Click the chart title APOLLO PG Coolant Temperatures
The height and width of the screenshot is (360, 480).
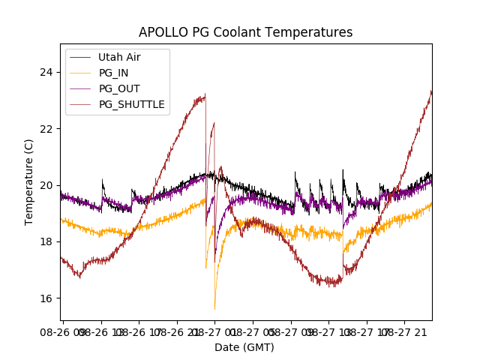pos(245,32)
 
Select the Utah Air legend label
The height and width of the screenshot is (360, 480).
pos(119,57)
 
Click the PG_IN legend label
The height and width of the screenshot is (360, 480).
pos(114,73)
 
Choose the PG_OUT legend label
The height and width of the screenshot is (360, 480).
pos(118,88)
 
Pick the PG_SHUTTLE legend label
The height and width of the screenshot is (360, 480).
pos(132,104)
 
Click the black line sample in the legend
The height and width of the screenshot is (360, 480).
pos(81,57)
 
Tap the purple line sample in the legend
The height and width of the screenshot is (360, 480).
pos(81,88)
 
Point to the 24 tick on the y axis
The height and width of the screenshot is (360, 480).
pos(47,72)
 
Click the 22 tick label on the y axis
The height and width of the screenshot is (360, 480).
pos(47,128)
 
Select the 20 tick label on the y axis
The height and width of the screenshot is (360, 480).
pos(47,185)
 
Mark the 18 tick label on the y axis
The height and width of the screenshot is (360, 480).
pos(47,241)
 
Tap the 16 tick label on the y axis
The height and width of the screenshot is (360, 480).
pos(47,298)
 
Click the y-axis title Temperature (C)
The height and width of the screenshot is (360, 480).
pos(29,182)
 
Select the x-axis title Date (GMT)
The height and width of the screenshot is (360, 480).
pos(244,347)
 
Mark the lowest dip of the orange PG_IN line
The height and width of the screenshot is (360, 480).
pos(215,309)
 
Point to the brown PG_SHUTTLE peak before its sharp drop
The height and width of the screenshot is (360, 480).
pos(205,94)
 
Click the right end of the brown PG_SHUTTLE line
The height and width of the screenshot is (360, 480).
pos(431,91)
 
